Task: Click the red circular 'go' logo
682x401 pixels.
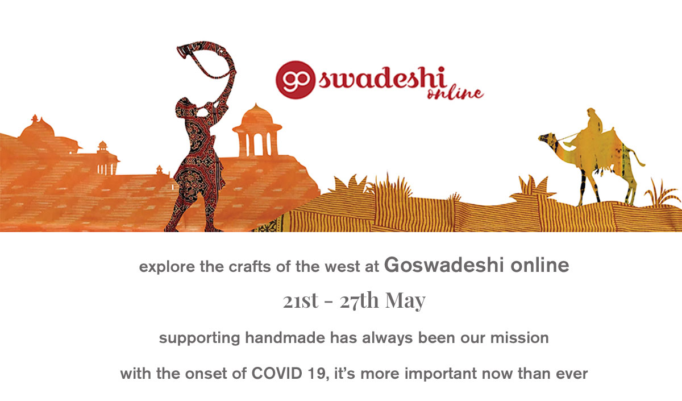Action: coord(295,80)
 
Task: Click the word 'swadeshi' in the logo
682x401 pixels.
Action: coord(382,78)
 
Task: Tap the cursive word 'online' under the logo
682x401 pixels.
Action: coord(455,93)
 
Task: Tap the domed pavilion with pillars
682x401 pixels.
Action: coord(257,130)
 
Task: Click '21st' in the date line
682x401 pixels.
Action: coord(301,301)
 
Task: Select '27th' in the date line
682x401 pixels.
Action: coord(359,300)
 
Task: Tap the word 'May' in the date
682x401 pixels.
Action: coord(405,301)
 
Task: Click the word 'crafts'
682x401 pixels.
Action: coord(249,267)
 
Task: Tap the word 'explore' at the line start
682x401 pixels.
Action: coord(167,267)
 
